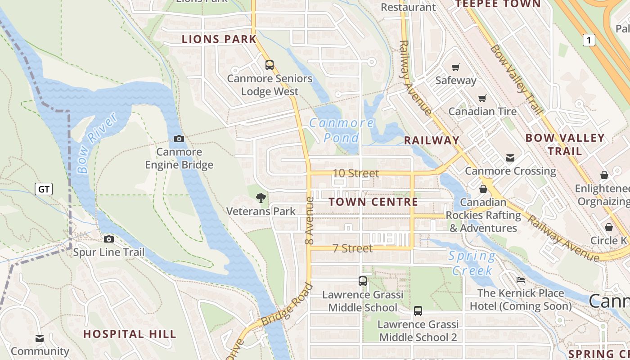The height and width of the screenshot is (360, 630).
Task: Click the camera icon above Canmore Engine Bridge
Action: (179, 139)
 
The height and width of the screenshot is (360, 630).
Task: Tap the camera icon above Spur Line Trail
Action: (109, 239)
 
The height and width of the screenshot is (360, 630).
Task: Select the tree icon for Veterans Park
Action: (261, 198)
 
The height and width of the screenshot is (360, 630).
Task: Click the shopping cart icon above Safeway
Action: (456, 67)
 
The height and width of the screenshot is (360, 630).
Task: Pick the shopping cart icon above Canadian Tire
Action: (482, 98)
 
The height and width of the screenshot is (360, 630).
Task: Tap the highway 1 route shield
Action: (589, 40)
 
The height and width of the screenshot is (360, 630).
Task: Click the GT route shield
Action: (44, 189)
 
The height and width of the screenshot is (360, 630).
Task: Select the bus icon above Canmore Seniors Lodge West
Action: (270, 65)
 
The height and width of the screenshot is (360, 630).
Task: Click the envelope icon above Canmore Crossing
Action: (510, 158)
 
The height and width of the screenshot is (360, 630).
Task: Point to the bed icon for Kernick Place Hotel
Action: (521, 280)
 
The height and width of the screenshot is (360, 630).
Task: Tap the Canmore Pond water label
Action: (342, 130)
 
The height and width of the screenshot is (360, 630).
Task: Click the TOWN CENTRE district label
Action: (373, 202)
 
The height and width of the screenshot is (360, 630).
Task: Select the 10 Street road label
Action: (355, 173)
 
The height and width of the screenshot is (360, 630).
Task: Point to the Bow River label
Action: (96, 143)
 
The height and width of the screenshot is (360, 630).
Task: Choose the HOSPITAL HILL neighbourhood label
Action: (130, 334)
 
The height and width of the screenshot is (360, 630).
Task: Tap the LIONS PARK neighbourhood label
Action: (219, 39)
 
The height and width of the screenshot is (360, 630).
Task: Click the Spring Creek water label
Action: (472, 263)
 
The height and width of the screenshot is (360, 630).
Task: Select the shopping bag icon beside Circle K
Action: (609, 227)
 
